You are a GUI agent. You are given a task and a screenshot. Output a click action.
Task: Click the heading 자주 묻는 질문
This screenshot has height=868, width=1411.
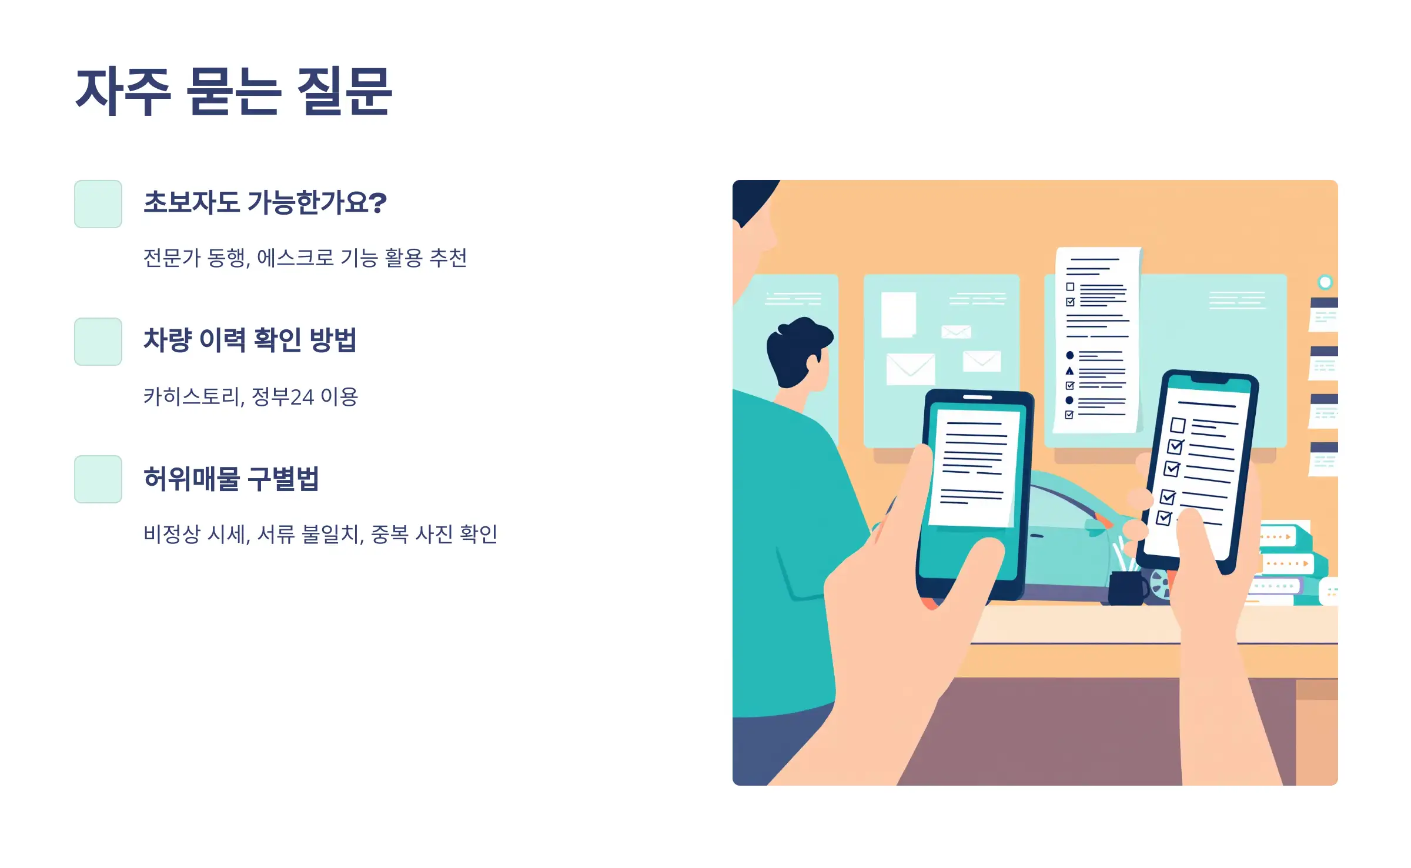(x=233, y=91)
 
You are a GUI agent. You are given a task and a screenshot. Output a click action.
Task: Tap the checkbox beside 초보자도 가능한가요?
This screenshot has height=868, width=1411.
(x=98, y=204)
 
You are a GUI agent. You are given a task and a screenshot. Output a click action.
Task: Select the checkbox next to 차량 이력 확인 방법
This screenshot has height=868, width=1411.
(x=98, y=342)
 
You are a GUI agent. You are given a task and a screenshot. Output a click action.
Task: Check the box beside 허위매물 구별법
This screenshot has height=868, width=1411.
(x=98, y=479)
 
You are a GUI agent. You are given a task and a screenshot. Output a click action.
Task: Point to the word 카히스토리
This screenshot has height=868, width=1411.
(x=192, y=396)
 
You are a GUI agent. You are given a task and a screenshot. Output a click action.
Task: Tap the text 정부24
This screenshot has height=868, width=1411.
(x=283, y=396)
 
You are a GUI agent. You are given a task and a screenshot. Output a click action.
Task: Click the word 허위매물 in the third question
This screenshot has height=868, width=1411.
(x=192, y=479)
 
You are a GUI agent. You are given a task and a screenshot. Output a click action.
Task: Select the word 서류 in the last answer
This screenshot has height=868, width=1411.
(x=276, y=534)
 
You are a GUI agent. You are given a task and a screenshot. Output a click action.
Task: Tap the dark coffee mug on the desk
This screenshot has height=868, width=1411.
(x=1126, y=587)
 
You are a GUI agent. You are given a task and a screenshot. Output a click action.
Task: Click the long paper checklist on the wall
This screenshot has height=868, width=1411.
(x=1097, y=341)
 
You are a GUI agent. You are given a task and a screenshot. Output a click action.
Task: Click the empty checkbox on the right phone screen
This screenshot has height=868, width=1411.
(x=1178, y=425)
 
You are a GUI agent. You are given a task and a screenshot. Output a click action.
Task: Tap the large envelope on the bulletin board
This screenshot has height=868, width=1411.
(x=910, y=369)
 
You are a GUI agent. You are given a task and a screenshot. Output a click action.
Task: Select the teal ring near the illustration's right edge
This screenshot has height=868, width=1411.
(x=1325, y=282)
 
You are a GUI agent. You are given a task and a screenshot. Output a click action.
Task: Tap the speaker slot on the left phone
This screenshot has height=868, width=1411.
(x=977, y=398)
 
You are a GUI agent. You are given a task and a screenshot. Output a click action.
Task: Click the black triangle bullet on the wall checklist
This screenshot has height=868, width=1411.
(x=1069, y=371)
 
